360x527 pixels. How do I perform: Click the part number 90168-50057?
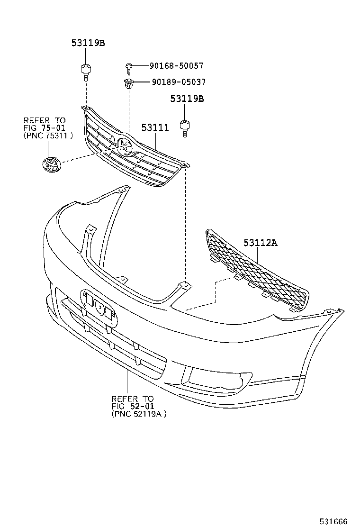click(176, 65)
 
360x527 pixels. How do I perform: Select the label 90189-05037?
click(179, 82)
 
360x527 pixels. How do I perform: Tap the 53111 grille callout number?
click(155, 127)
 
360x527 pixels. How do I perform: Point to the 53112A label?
click(261, 242)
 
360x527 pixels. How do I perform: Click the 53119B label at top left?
click(88, 43)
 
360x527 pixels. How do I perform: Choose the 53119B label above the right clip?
click(187, 99)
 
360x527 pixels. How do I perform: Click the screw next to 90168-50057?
click(129, 69)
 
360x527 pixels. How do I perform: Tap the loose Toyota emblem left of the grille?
click(51, 165)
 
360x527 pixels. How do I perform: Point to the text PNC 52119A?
click(139, 414)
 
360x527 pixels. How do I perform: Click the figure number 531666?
click(333, 521)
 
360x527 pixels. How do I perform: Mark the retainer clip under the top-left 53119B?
click(86, 72)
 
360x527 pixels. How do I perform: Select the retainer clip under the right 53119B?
click(185, 128)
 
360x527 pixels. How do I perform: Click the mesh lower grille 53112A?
click(257, 271)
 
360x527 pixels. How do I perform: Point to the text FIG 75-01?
click(45, 127)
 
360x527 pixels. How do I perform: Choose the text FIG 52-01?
click(133, 406)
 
